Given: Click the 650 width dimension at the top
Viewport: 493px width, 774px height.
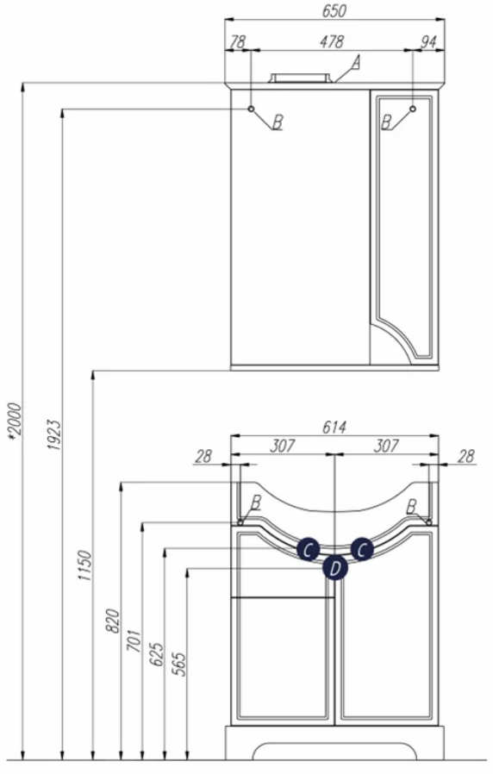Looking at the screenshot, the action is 334,11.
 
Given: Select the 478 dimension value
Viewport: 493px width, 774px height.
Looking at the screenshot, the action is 331,42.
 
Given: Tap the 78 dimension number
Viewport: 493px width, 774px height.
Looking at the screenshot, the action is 237,42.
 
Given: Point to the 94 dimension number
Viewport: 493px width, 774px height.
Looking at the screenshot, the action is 427,42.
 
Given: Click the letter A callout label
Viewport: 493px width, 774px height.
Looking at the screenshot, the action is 356,63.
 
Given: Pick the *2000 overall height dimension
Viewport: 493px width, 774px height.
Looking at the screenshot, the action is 15,421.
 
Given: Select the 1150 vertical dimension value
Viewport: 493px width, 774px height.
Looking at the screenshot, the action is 84,565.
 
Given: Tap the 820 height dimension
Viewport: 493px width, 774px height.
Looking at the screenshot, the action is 113,621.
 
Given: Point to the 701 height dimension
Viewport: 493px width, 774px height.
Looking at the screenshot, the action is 134,640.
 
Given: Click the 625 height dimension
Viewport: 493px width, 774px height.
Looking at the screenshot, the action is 157,654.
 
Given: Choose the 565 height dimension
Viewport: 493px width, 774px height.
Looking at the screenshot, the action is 179,664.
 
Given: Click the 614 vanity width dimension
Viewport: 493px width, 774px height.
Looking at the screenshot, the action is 334,428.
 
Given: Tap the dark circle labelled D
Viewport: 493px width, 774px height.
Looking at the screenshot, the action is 335,568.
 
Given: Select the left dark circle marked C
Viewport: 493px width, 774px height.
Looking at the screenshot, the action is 308,549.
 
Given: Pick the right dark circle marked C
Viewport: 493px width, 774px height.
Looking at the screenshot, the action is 362,549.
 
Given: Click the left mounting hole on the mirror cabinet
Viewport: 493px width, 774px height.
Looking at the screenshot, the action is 251,109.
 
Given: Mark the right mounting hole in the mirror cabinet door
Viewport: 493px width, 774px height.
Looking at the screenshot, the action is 413,109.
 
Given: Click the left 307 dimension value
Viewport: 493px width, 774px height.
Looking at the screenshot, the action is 283,446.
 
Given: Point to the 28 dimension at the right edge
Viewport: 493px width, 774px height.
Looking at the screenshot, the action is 465,457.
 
